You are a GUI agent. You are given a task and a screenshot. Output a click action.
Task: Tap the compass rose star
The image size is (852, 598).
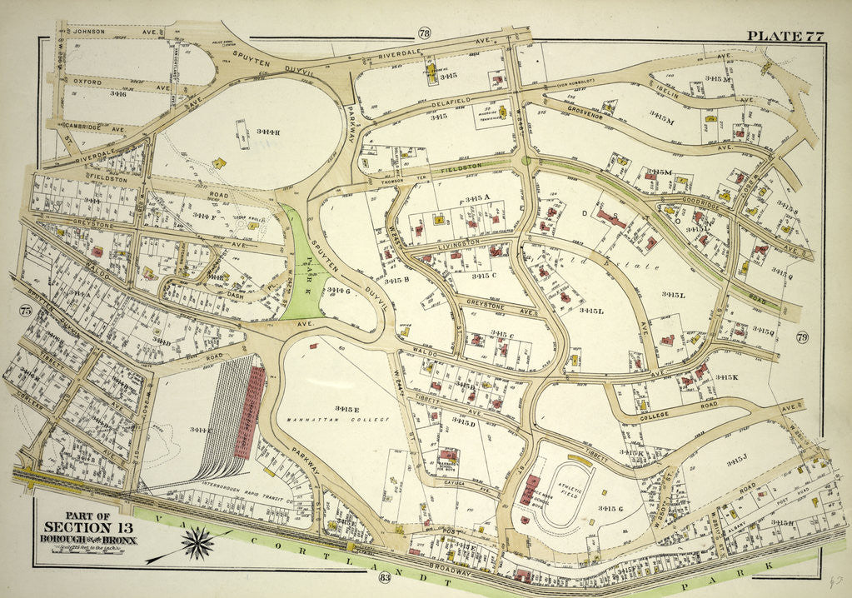coord(198,545)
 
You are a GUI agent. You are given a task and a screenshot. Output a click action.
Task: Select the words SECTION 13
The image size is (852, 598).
coord(87,526)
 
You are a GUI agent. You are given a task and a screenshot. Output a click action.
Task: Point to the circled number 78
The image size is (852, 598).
coord(424,33)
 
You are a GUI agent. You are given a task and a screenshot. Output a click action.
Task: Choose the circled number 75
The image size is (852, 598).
coord(23,311)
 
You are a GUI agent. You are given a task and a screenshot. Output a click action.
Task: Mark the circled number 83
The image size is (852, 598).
coord(384,578)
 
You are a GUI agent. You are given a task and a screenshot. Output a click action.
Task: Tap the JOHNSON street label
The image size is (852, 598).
coord(90,32)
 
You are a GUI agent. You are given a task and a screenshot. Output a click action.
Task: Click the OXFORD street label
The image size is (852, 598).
coord(87,82)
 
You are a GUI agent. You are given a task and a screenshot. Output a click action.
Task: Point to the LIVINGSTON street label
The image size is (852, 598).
coord(456,243)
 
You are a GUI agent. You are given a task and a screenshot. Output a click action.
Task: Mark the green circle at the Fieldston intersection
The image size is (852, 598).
coord(525,161)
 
